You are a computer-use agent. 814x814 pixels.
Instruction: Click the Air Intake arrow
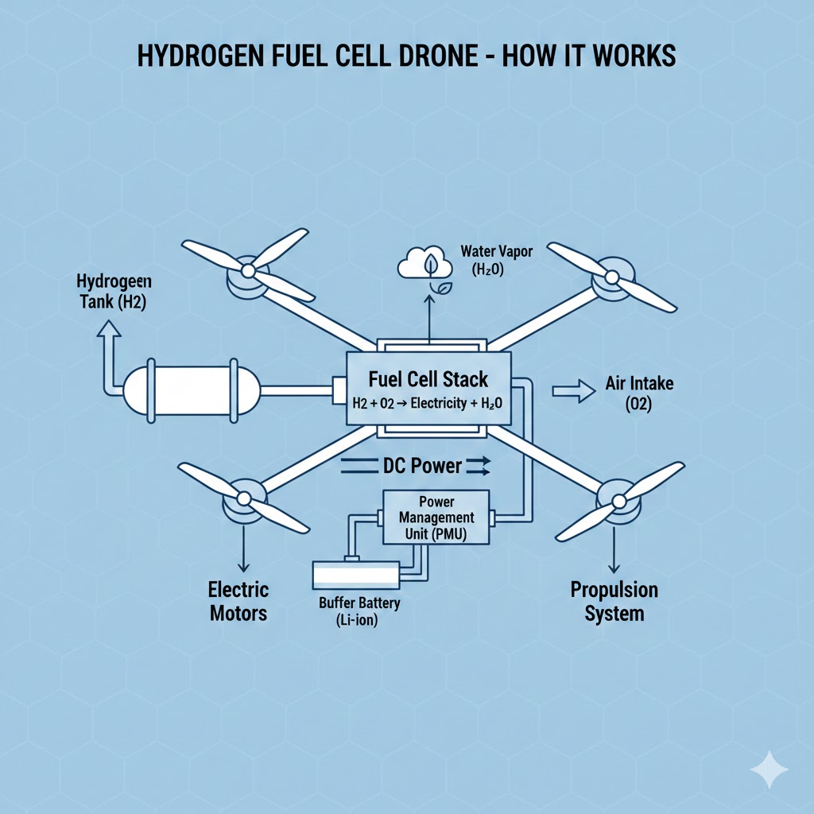(573, 390)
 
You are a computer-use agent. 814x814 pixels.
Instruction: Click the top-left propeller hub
(247, 272)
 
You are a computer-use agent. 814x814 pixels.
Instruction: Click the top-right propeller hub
(610, 277)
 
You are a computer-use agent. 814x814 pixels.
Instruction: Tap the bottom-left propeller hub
(240, 500)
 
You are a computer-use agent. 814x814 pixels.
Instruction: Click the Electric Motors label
(238, 602)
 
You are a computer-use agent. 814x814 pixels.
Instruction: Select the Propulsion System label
(614, 602)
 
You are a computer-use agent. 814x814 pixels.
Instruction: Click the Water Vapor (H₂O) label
(497, 261)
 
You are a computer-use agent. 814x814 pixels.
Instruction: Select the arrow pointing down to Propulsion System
(614, 548)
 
